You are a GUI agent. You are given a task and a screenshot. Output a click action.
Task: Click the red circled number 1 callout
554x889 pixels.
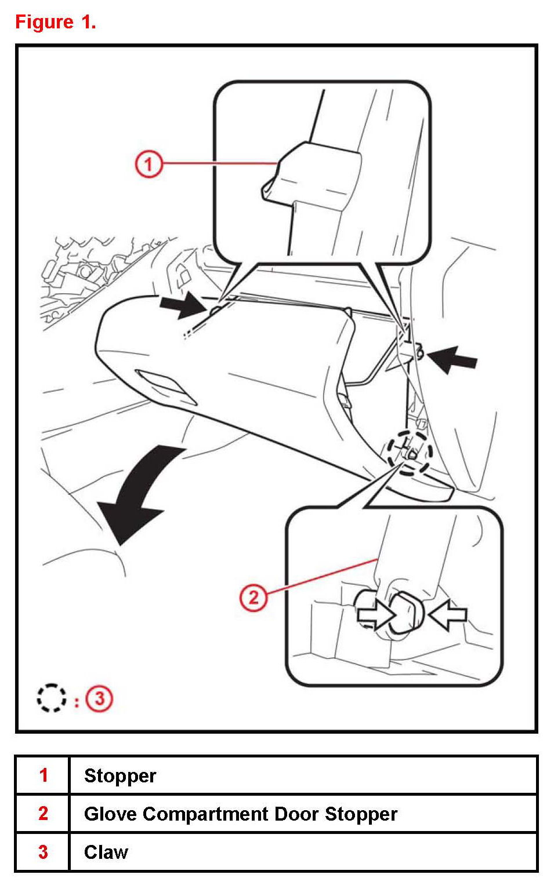pyautogui.click(x=149, y=164)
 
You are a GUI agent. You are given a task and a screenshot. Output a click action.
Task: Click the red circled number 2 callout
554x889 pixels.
pyautogui.click(x=254, y=597)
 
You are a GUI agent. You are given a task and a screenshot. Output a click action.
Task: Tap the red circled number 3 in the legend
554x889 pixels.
pyautogui.click(x=99, y=698)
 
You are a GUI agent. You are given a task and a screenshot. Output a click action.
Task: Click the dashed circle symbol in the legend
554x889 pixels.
pyautogui.click(x=52, y=698)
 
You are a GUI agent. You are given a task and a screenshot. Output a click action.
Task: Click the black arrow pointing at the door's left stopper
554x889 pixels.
pyautogui.click(x=183, y=305)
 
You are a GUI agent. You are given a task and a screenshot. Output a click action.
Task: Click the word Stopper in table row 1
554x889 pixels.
pyautogui.click(x=120, y=777)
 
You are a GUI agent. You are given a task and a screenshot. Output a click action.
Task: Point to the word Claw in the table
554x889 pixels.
pyautogui.click(x=106, y=852)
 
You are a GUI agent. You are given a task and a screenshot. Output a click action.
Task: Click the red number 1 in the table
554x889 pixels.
pyautogui.click(x=44, y=775)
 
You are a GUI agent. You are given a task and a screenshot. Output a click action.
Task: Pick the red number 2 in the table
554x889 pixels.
pyautogui.click(x=44, y=814)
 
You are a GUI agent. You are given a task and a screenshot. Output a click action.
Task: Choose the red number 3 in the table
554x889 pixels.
pyautogui.click(x=44, y=852)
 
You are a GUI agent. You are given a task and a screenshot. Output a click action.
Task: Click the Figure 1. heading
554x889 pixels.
pyautogui.click(x=56, y=22)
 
